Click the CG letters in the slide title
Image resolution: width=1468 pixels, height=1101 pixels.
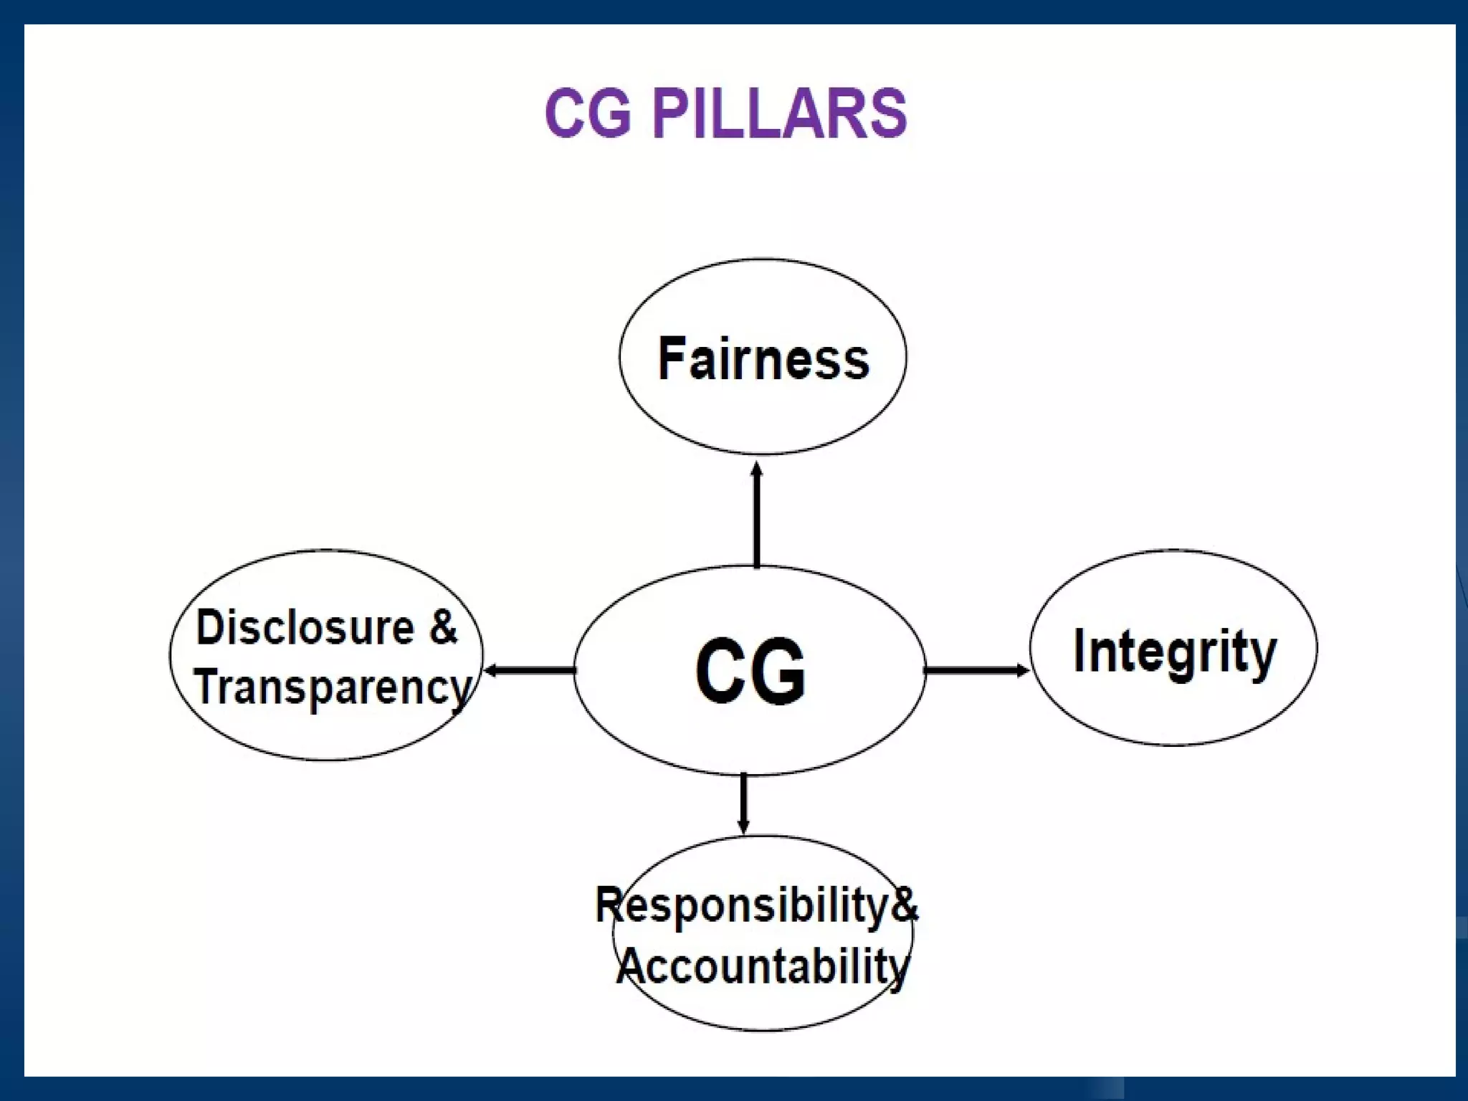coord(588,113)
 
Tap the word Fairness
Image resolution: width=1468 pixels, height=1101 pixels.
coord(763,358)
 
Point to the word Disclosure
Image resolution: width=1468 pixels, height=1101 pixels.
coord(305,628)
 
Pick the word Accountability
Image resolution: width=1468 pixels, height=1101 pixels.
coord(763,966)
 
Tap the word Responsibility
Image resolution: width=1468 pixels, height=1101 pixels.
coord(743,905)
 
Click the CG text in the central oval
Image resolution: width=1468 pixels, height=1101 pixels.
coord(750,671)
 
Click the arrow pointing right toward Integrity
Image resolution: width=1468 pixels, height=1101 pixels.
coord(976,671)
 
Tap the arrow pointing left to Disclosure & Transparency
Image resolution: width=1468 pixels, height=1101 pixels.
coord(529,671)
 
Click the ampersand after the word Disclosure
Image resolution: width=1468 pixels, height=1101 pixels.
coord(443,626)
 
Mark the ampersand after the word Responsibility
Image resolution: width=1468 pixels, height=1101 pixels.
coord(904,905)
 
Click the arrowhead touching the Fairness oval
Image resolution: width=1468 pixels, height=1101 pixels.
coord(757,469)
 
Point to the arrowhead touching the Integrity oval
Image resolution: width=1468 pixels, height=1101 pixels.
coord(1023,671)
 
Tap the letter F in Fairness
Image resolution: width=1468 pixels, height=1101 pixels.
coord(671,358)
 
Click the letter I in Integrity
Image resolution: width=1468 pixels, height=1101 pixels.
coord(1079,650)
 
